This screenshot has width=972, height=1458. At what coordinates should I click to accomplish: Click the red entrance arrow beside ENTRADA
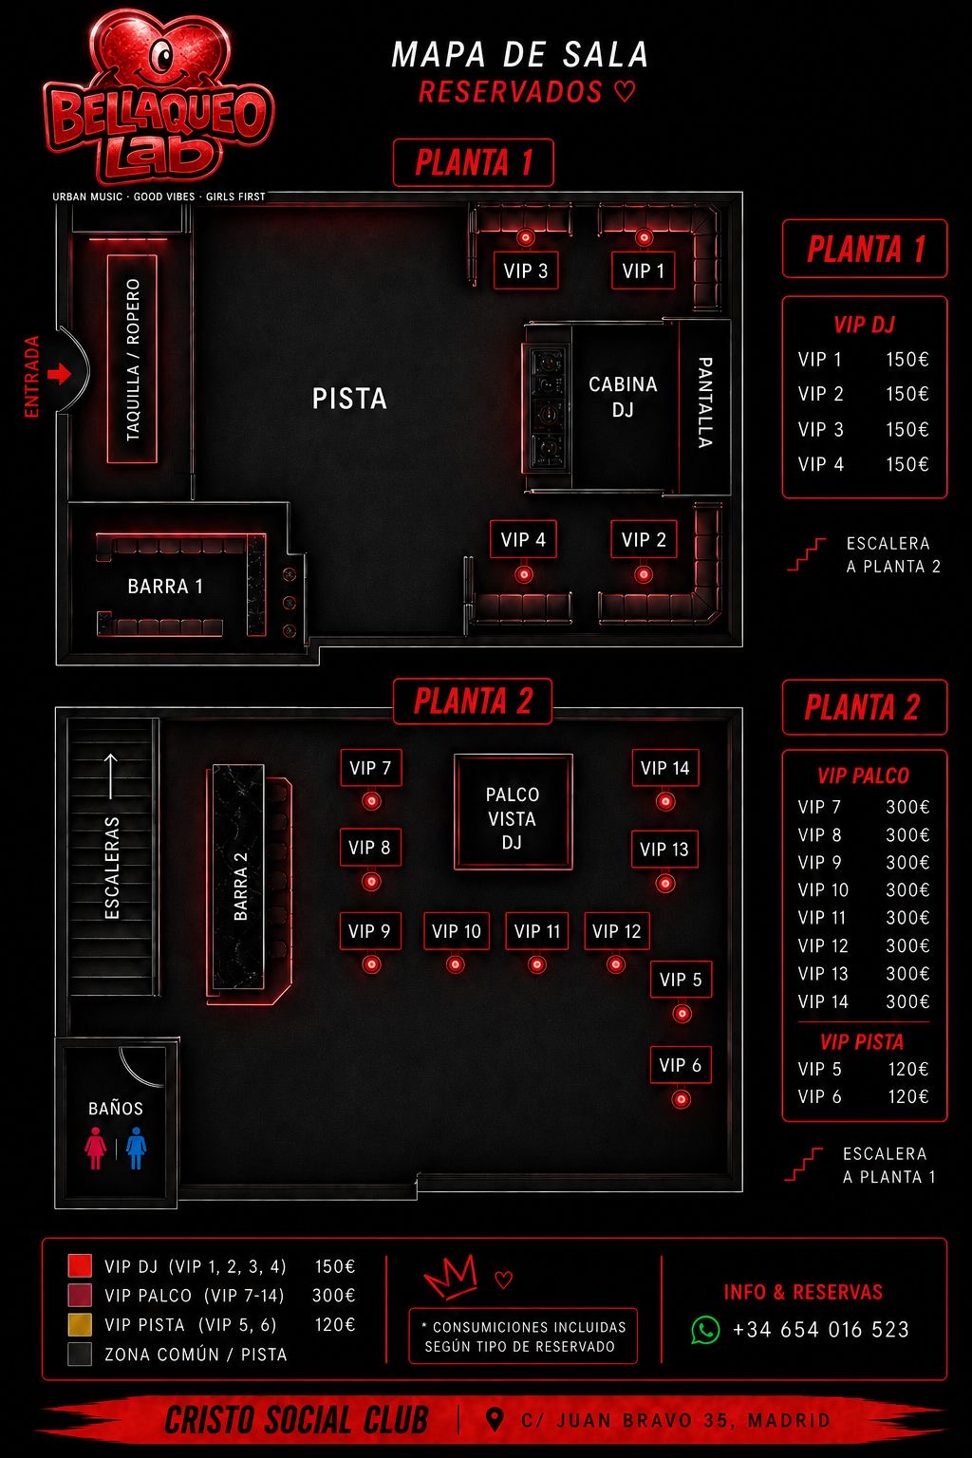tap(59, 374)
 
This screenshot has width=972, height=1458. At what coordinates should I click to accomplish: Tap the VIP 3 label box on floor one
tap(525, 271)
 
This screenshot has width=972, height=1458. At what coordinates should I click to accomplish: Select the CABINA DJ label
tap(623, 397)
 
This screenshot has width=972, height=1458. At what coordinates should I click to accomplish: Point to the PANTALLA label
tap(705, 402)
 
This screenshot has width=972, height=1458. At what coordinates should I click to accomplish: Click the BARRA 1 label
tap(165, 587)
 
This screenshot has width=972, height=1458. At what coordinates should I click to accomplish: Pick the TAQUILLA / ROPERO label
tap(133, 360)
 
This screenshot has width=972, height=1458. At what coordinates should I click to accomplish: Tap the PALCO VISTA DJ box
tap(513, 812)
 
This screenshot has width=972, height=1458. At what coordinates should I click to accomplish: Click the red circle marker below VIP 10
tap(456, 964)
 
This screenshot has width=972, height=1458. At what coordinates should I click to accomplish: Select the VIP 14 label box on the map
tap(664, 768)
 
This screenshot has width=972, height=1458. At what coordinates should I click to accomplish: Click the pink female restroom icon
tap(96, 1149)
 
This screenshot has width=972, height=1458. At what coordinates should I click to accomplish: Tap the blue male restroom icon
tap(136, 1149)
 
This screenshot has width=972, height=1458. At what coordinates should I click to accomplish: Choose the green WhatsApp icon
tap(705, 1330)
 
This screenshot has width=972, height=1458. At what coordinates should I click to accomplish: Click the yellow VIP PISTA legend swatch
tap(80, 1324)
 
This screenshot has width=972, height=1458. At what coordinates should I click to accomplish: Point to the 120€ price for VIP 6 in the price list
tap(908, 1096)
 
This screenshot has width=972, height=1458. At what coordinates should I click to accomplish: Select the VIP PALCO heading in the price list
tap(863, 776)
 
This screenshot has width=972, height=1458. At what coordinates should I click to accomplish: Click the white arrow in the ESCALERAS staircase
tap(111, 776)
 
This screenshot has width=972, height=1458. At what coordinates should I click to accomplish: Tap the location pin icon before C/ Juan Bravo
tap(495, 1420)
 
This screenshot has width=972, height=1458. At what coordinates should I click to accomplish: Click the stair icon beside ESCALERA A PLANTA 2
tap(806, 554)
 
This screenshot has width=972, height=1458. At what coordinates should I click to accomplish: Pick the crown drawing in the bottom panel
tap(451, 1277)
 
